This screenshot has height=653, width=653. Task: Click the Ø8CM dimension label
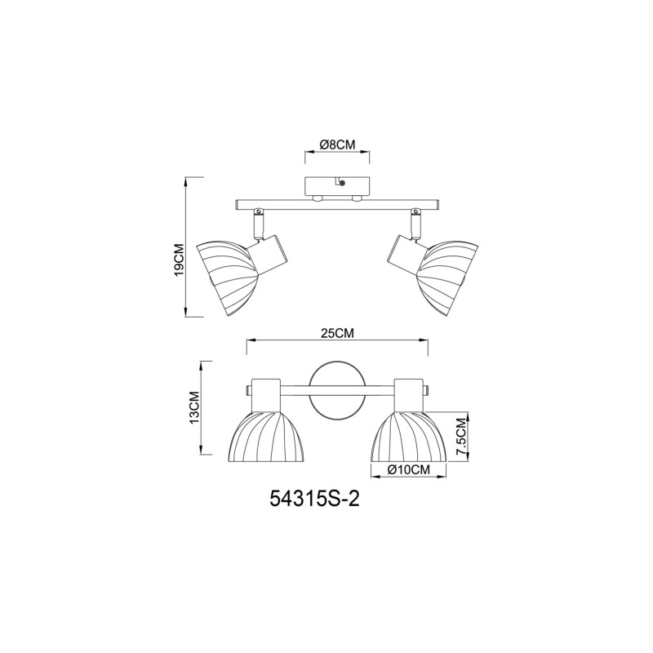point(337,144)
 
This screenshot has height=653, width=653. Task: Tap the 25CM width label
point(337,333)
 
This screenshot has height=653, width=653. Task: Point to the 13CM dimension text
point(194,406)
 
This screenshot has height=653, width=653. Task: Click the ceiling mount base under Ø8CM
point(337,187)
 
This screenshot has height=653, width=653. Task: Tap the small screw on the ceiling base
point(340,184)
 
